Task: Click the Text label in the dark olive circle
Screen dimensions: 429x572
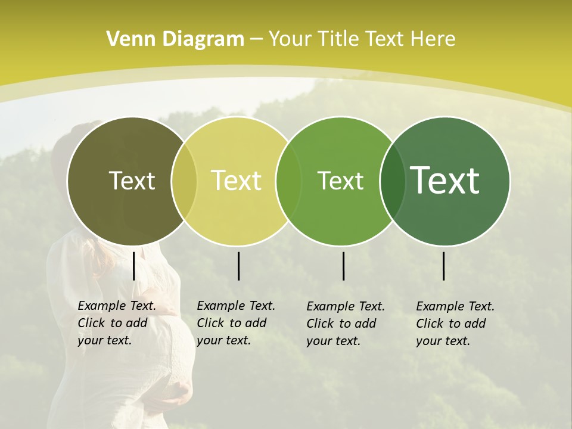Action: click(x=132, y=181)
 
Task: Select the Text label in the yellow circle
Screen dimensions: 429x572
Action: click(x=236, y=181)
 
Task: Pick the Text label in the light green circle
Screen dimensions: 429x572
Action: click(x=340, y=181)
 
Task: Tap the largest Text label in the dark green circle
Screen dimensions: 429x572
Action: click(x=444, y=180)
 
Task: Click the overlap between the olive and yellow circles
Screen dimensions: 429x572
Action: click(x=184, y=181)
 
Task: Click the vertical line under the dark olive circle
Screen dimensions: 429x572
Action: click(x=134, y=266)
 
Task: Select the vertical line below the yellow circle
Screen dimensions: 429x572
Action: click(x=238, y=266)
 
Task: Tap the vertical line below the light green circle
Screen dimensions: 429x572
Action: click(x=344, y=266)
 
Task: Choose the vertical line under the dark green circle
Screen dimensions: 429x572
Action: click(x=444, y=266)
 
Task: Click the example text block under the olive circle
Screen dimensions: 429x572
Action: click(x=116, y=323)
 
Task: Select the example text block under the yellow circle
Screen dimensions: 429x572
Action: click(x=235, y=323)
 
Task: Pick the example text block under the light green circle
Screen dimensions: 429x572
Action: click(x=345, y=324)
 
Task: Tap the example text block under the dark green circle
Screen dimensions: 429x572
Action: click(x=455, y=324)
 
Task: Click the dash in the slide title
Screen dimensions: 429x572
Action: click(x=256, y=40)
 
